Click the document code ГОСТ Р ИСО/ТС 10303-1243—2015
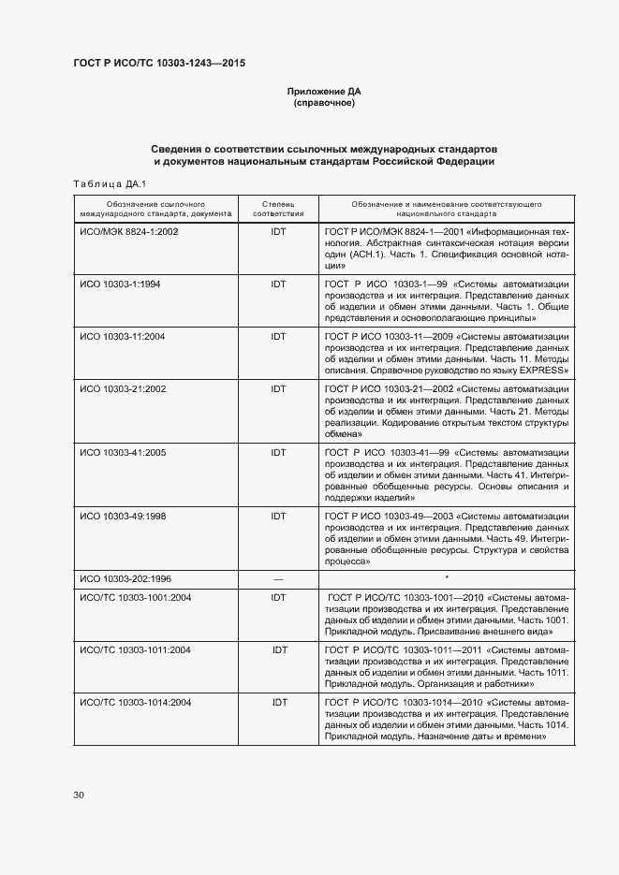(159, 64)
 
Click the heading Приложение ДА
(324, 92)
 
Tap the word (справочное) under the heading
(324, 103)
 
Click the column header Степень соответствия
(278, 208)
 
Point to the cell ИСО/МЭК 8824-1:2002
(128, 231)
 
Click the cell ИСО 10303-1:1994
(120, 284)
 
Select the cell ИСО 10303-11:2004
(122, 336)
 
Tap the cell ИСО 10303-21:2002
(122, 388)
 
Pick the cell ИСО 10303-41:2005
(122, 453)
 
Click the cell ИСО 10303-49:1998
(122, 516)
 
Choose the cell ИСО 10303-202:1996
(125, 579)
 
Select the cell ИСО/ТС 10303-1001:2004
(135, 597)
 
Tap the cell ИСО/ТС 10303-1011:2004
(135, 649)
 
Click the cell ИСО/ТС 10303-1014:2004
(135, 702)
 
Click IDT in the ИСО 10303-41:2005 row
(278, 453)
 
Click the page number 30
(79, 795)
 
